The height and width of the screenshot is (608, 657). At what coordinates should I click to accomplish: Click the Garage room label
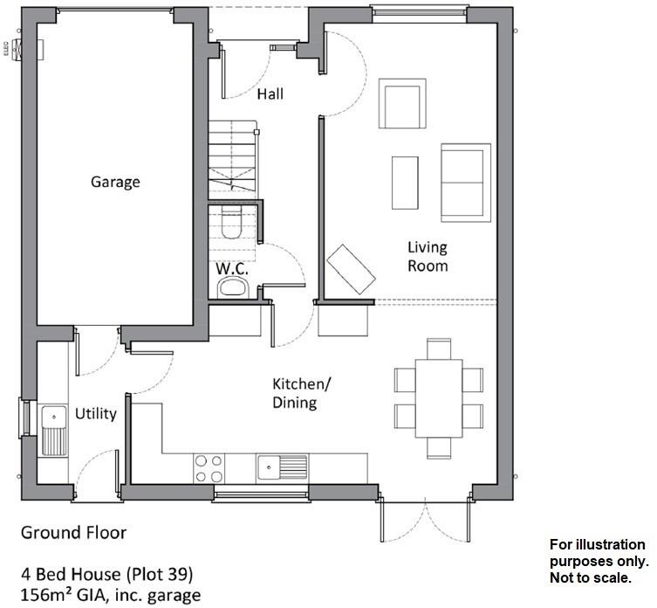coord(115,183)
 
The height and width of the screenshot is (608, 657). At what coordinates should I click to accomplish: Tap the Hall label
coord(270,93)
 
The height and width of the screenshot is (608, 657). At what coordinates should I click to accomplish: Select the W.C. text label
coord(233,269)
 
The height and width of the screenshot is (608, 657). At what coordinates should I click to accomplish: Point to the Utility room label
coord(95,413)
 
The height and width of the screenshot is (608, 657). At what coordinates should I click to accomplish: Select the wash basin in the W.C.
coord(234,288)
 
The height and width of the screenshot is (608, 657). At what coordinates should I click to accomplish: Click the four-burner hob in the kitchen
coord(208,468)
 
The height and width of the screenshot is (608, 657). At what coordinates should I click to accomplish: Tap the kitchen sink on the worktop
coord(282,467)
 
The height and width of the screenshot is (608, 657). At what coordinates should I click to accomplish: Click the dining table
coord(439,398)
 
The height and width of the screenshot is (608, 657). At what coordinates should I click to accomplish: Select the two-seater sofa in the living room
coord(464,183)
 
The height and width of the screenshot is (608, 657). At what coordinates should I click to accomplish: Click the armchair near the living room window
coord(404,106)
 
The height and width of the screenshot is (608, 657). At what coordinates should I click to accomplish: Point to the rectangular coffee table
coord(405,183)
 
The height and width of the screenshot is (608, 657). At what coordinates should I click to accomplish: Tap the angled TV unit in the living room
coord(352,268)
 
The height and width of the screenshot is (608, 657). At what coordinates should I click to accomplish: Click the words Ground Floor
coord(73,532)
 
